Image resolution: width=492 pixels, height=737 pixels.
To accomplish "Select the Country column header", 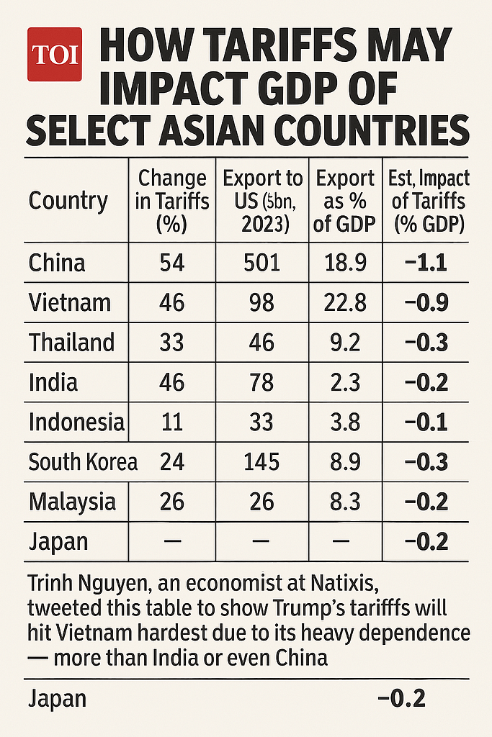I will [68, 200].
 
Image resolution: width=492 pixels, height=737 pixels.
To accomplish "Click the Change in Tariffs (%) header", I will [172, 200].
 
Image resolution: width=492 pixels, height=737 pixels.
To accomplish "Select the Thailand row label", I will [71, 342].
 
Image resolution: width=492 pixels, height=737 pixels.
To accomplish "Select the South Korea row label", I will [83, 461].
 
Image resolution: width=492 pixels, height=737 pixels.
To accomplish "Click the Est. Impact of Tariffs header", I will [428, 200].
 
